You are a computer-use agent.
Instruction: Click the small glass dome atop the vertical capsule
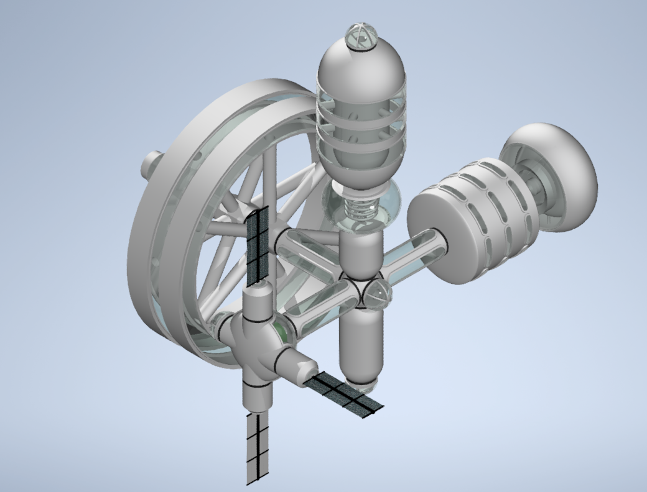[361, 38]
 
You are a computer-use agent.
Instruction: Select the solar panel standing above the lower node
[257, 245]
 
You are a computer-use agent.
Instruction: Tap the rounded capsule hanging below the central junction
[361, 345]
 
